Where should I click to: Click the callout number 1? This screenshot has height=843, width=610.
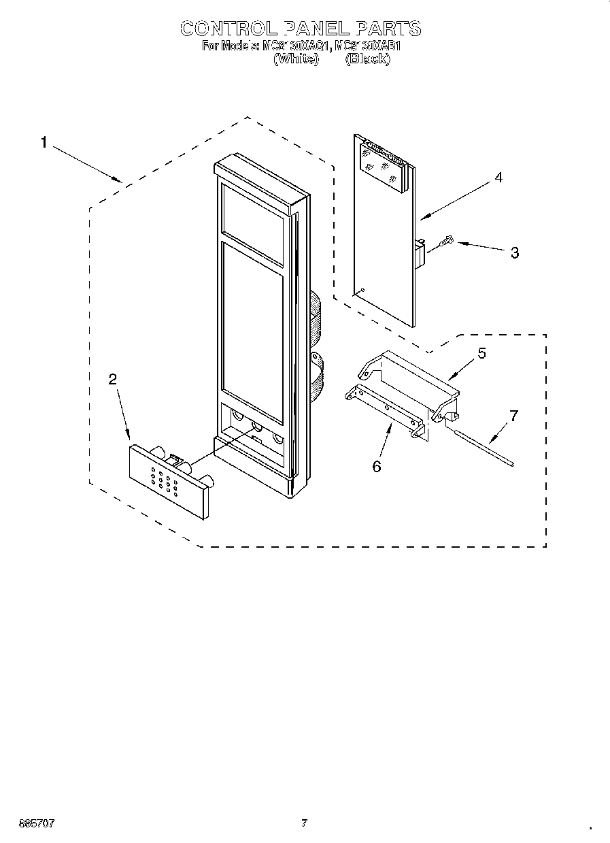(44, 143)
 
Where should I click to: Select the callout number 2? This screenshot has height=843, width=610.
(113, 380)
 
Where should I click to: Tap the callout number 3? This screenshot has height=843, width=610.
(514, 253)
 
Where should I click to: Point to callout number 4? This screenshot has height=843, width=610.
(498, 178)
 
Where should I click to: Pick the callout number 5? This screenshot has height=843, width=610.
(481, 353)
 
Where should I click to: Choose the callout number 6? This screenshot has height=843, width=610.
(377, 466)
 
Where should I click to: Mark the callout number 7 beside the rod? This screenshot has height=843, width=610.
(513, 416)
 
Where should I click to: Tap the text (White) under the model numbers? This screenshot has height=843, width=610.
(296, 59)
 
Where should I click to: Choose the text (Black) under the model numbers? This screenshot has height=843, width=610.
(368, 59)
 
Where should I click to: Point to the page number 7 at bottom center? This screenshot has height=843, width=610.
(305, 823)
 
